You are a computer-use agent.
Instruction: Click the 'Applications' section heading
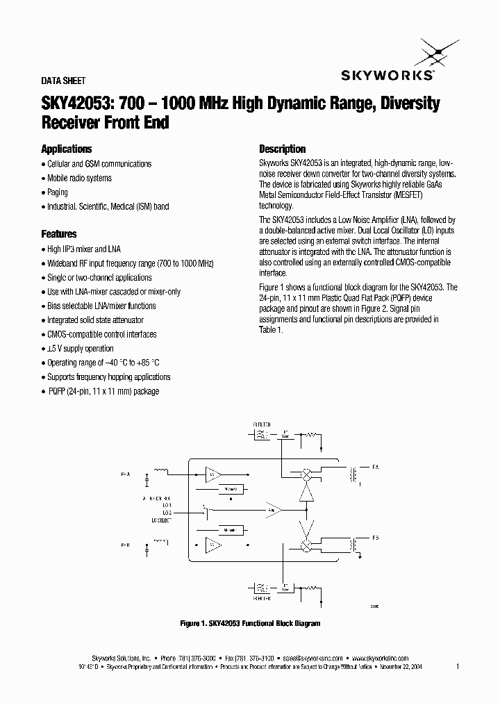click(x=67, y=149)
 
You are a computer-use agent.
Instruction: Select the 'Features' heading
click(x=59, y=234)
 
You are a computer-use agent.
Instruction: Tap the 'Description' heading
click(x=282, y=149)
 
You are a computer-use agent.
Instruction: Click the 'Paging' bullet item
click(x=58, y=192)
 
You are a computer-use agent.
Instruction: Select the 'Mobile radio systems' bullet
click(x=79, y=178)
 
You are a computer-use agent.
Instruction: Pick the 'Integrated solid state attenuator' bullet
click(x=95, y=320)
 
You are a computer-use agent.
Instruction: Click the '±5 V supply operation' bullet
click(x=80, y=349)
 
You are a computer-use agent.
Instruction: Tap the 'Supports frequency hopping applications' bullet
click(x=108, y=377)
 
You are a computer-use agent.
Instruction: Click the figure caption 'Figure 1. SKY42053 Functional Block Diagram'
click(x=249, y=624)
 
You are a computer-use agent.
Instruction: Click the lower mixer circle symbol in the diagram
click(x=304, y=545)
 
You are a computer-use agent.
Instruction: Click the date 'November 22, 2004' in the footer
click(x=401, y=666)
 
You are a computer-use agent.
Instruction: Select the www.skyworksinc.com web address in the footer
click(x=379, y=658)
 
